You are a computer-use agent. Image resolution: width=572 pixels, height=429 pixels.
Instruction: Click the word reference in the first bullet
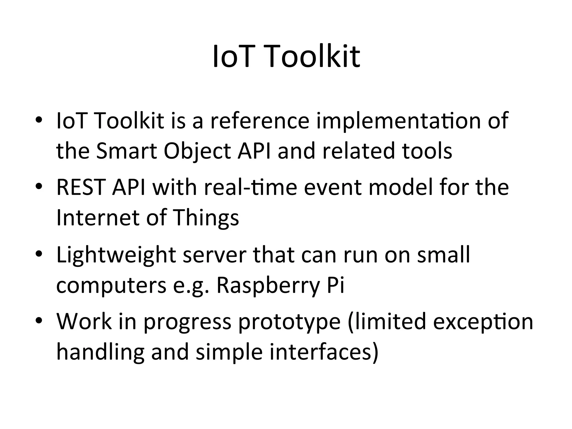(260, 121)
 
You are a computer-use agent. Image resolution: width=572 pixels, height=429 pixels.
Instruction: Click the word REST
(81, 187)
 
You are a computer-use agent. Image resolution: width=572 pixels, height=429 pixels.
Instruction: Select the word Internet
(97, 217)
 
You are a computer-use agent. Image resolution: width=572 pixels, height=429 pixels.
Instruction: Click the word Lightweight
(116, 255)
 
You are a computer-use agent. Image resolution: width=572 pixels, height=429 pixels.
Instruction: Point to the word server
(214, 255)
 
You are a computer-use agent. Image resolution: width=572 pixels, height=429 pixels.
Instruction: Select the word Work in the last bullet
(84, 321)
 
